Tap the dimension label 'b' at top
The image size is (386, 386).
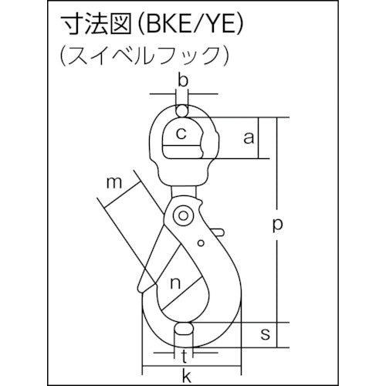click(x=182, y=81)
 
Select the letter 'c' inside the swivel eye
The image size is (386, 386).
click(x=181, y=134)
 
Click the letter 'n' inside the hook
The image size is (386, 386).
click(x=175, y=283)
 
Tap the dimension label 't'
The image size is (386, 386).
click(x=183, y=356)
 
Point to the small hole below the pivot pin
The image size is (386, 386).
click(x=200, y=244)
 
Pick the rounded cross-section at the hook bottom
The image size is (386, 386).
click(x=183, y=334)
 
